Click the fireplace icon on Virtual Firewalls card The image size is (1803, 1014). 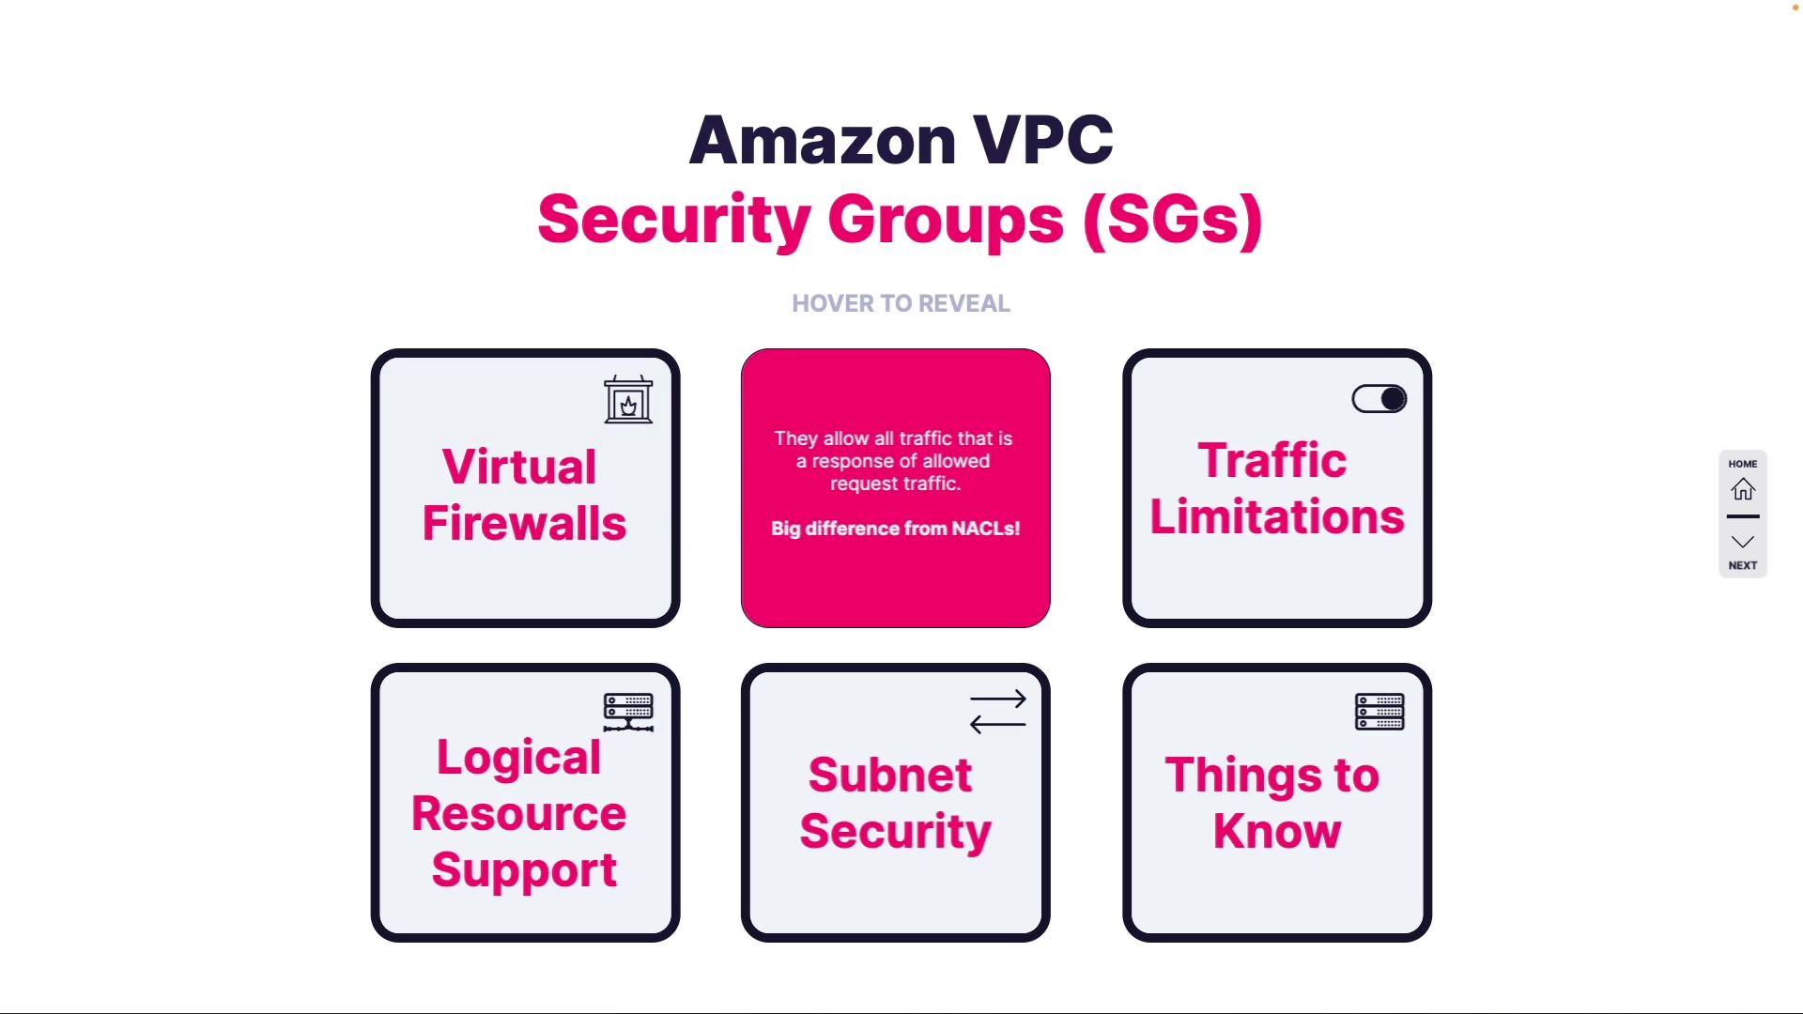(x=628, y=400)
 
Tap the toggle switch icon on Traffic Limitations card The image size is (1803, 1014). (x=1379, y=399)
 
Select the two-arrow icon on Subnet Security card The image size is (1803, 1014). (x=998, y=712)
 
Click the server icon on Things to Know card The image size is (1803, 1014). (x=1379, y=712)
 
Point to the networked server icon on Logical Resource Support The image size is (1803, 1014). (x=628, y=713)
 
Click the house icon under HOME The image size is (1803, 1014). (x=1743, y=489)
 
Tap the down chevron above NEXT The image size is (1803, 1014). (x=1743, y=542)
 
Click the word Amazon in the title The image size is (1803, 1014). (x=823, y=140)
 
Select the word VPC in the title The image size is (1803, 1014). (x=1043, y=140)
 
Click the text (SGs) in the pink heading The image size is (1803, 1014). (x=1173, y=220)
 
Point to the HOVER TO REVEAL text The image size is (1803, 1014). (x=901, y=303)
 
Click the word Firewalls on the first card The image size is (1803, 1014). (x=524, y=523)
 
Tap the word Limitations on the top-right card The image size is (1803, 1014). (x=1277, y=516)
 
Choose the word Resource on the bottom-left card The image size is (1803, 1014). (x=519, y=813)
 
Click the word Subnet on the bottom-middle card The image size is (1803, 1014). (x=890, y=775)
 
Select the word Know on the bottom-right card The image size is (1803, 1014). (x=1277, y=831)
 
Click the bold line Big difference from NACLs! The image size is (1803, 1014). (x=896, y=529)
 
